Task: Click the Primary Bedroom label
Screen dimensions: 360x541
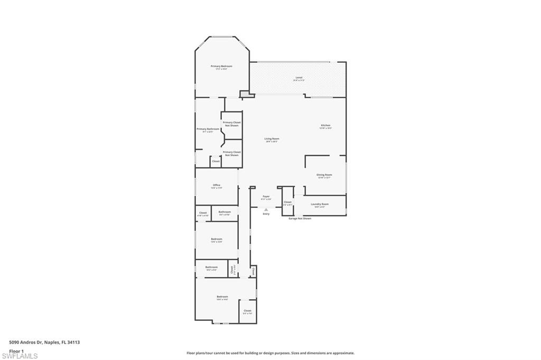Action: pyautogui.click(x=221, y=67)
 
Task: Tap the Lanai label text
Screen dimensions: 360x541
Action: pyautogui.click(x=299, y=78)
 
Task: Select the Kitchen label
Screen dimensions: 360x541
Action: pyautogui.click(x=325, y=126)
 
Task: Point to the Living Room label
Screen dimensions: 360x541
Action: pyautogui.click(x=272, y=139)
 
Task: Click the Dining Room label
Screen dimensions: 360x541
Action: pyautogui.click(x=324, y=175)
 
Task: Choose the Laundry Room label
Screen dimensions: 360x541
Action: pyautogui.click(x=320, y=204)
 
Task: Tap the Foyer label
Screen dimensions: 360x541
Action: pyautogui.click(x=266, y=196)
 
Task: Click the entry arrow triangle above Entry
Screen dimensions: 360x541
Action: pyautogui.click(x=266, y=209)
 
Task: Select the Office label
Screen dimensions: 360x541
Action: pyautogui.click(x=217, y=185)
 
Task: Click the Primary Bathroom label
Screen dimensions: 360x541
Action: pyautogui.click(x=208, y=129)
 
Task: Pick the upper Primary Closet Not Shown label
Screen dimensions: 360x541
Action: pyautogui.click(x=231, y=124)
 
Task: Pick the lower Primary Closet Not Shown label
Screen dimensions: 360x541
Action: pyautogui.click(x=231, y=153)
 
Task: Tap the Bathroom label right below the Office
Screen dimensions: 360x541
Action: pyautogui.click(x=225, y=212)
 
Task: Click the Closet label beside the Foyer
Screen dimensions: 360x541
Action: pyautogui.click(x=287, y=202)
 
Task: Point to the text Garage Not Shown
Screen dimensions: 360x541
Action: pyautogui.click(x=300, y=218)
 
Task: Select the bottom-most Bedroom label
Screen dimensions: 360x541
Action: pyautogui.click(x=222, y=297)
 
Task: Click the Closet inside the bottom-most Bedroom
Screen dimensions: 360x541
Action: pyautogui.click(x=247, y=311)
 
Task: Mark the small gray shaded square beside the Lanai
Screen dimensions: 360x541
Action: pyautogui.click(x=245, y=94)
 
